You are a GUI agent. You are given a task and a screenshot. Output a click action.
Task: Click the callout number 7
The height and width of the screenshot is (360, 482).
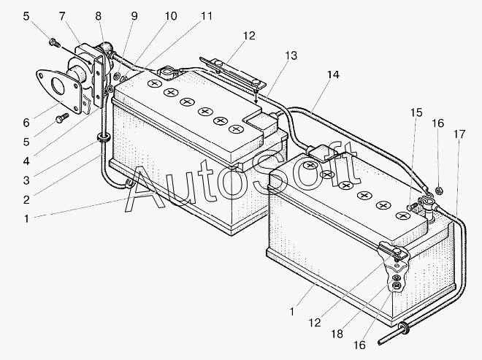(61, 15)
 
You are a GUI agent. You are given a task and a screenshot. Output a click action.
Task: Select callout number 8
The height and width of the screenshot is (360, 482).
(99, 15)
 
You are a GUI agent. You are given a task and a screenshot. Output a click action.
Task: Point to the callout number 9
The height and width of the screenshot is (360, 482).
(134, 15)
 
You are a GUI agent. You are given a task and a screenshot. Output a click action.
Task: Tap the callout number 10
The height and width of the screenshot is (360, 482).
(170, 15)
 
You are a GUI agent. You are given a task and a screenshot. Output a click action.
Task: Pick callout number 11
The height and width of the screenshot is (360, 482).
(207, 15)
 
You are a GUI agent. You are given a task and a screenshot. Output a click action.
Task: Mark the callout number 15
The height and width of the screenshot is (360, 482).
(416, 112)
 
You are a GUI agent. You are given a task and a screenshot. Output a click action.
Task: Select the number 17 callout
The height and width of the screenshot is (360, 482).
(459, 134)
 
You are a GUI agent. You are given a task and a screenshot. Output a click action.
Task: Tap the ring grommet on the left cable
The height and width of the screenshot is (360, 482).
(102, 137)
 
